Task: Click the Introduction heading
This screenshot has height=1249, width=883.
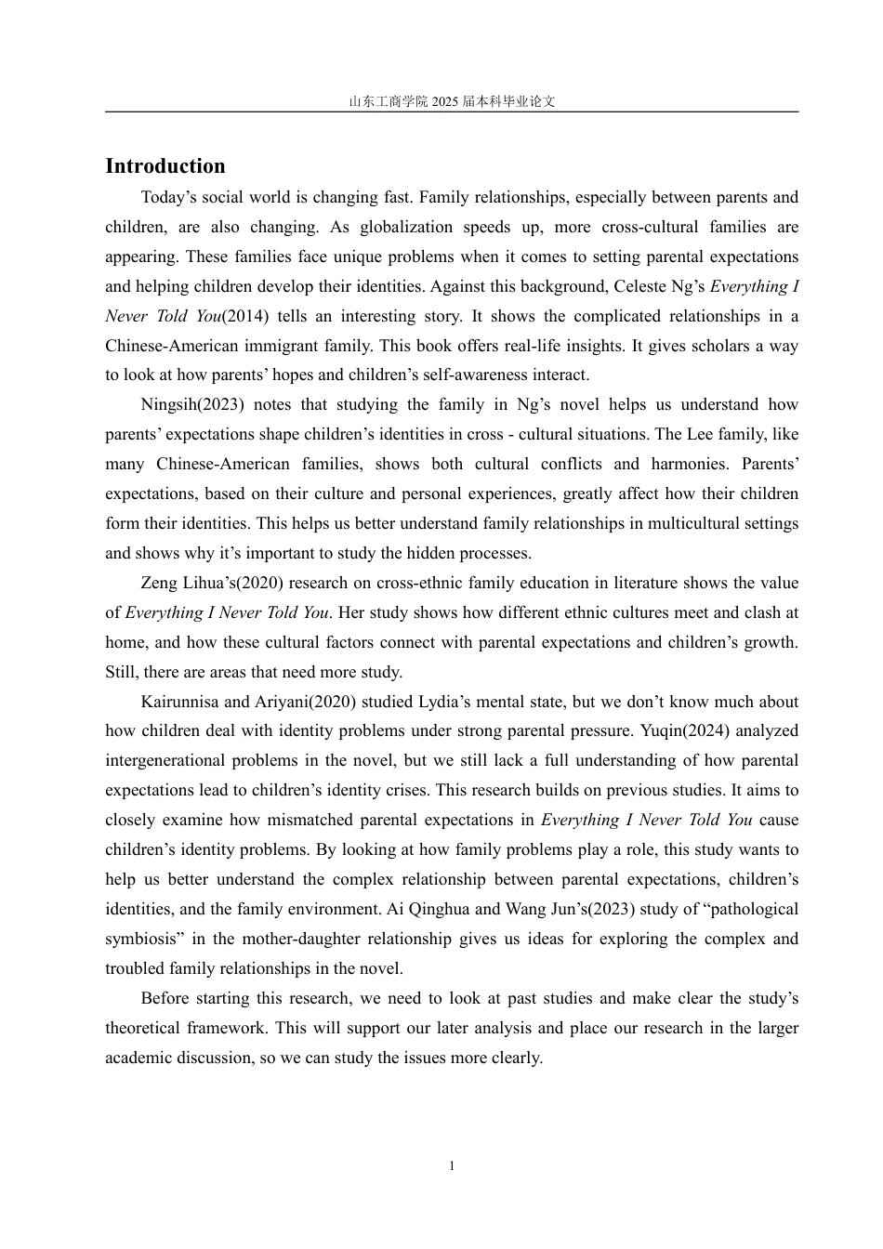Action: click(165, 166)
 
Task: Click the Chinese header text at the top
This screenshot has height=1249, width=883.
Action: click(452, 102)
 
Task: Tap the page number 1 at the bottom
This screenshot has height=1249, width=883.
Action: click(452, 1165)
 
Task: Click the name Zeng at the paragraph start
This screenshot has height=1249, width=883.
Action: click(160, 584)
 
